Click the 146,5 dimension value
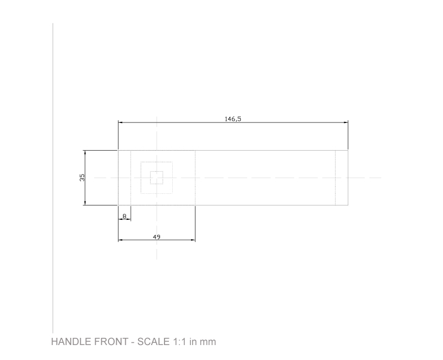[233, 119]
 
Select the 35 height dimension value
[82, 178]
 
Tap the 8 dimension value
[124, 215]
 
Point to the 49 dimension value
[157, 236]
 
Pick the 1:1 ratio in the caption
[179, 342]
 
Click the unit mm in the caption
[208, 342]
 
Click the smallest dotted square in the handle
[157, 178]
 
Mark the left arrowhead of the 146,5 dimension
[120, 122]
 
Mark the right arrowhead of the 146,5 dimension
[346, 122]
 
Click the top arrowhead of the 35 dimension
[85, 152]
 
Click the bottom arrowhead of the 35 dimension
[85, 203]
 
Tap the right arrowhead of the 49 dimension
[193, 240]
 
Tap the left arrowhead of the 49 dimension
[120, 240]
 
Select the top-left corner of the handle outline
[119, 150]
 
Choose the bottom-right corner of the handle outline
[348, 205]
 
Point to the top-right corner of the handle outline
[348, 150]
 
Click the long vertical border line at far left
[53, 177]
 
